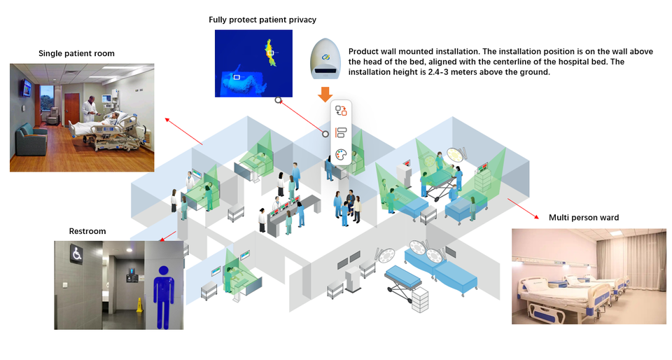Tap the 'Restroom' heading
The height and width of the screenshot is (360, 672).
(x=87, y=231)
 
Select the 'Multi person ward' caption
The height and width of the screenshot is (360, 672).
(x=583, y=218)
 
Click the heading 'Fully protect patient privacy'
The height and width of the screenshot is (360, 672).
(x=262, y=19)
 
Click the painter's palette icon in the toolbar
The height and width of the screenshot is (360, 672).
(x=341, y=155)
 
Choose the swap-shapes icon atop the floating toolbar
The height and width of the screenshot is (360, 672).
(x=341, y=111)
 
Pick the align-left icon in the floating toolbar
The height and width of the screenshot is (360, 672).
(x=341, y=133)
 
